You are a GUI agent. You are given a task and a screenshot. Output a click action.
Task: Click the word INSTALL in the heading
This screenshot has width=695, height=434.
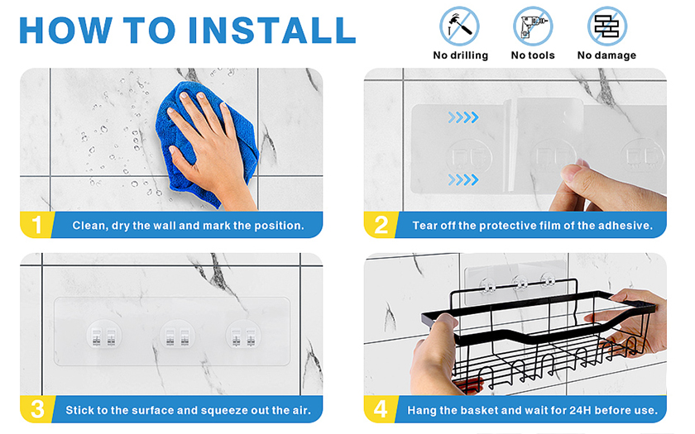pos(271,30)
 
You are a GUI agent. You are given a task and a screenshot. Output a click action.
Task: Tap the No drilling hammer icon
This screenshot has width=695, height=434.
pos(459,26)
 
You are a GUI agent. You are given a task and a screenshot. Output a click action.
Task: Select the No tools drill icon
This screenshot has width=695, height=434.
pos(533,26)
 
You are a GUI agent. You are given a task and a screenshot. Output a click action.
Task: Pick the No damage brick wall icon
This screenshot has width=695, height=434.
pos(606,26)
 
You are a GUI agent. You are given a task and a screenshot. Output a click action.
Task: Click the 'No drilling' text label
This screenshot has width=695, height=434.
pos(461,55)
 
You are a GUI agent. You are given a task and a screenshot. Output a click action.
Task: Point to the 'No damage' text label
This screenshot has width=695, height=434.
pos(606,55)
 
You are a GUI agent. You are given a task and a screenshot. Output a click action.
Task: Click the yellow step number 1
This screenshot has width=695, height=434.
pos(37,225)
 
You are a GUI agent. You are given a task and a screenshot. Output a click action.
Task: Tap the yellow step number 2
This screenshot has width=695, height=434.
pos(381,225)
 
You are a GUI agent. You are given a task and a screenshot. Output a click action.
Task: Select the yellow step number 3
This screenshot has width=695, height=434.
pos(38,409)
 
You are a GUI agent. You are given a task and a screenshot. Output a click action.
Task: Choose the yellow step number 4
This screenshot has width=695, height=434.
pos(381,409)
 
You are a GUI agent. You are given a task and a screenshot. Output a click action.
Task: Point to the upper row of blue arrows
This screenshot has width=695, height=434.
pos(463,117)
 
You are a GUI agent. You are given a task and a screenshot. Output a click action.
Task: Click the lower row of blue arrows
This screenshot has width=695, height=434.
pos(463,180)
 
